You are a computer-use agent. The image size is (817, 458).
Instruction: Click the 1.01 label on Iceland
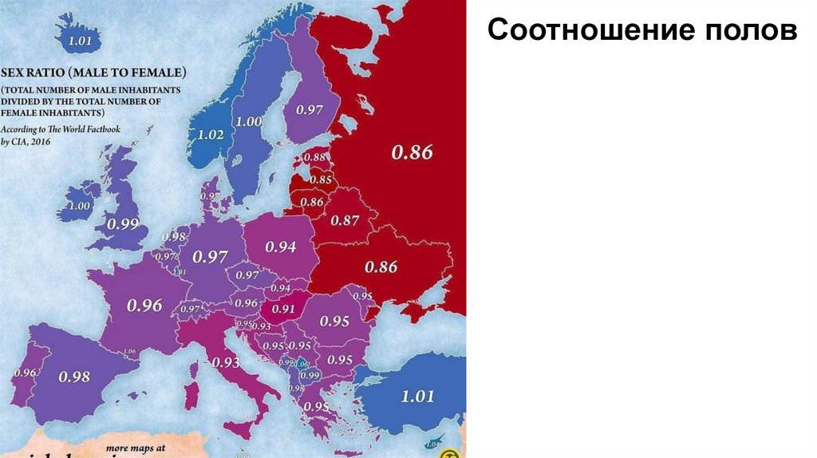coord(81,41)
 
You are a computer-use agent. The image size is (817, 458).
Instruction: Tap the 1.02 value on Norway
coord(211,135)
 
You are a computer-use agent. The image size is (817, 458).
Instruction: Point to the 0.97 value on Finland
coord(310,109)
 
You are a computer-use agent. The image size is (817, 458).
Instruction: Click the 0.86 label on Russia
coord(412,152)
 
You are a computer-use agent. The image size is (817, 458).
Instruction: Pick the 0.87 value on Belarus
coord(345,220)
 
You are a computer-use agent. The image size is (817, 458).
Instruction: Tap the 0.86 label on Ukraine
coord(381,267)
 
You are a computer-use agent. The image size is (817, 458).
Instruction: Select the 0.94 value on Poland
coord(281,247)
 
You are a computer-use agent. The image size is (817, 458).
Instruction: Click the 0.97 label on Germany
coord(209,256)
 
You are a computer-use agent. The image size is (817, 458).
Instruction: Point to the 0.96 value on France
coord(144,305)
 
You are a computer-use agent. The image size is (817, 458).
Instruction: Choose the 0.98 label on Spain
coord(74,377)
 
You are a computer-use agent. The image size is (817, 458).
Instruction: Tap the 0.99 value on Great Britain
coord(124,224)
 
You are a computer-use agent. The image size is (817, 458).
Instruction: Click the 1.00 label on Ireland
coord(80,206)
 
